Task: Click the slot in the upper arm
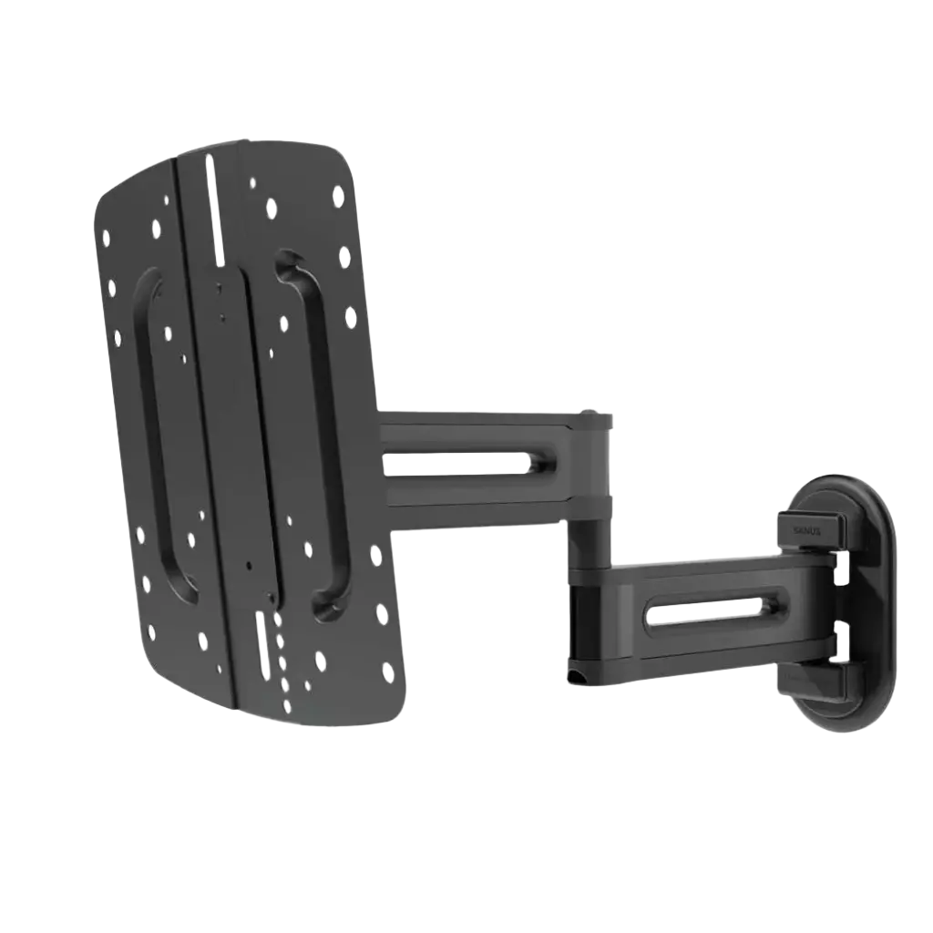(x=456, y=463)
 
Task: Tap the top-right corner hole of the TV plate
(x=339, y=194)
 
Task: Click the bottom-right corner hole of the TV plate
(x=388, y=672)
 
